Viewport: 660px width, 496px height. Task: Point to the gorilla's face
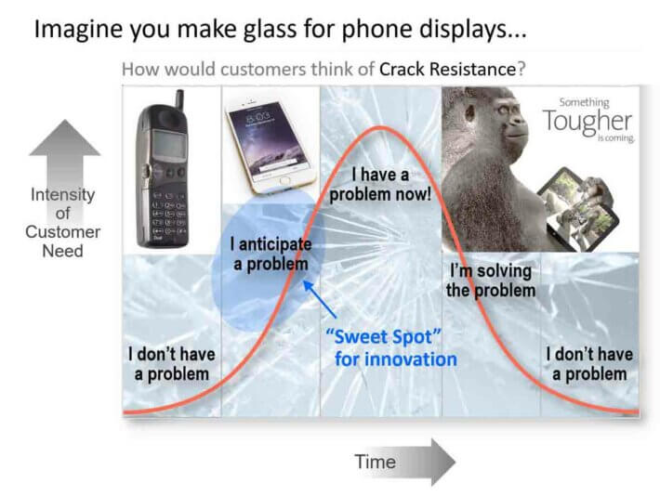(x=505, y=116)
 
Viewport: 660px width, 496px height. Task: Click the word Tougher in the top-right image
(x=587, y=122)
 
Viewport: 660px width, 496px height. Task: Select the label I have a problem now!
(x=380, y=184)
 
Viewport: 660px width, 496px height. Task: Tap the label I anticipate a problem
(x=271, y=255)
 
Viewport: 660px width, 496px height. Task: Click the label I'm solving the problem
(x=491, y=281)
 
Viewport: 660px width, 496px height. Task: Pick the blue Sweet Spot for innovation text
(x=391, y=348)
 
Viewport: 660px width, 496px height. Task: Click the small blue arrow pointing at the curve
(x=320, y=299)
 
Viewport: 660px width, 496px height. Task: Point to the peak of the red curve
(x=380, y=126)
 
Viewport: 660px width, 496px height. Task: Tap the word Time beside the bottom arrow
(x=375, y=462)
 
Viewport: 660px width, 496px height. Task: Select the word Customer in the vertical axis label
(x=62, y=232)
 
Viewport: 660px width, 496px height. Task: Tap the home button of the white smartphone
(x=284, y=181)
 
